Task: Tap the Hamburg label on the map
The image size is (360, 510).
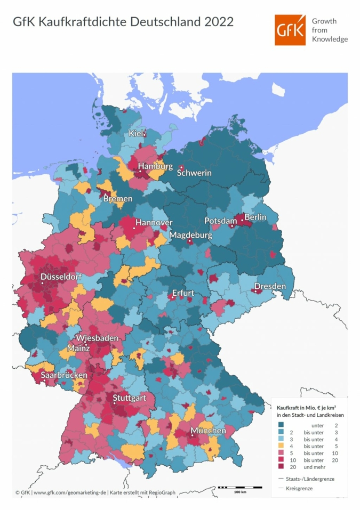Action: point(155,166)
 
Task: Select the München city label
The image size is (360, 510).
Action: point(208,431)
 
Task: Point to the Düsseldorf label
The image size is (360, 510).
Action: point(61,277)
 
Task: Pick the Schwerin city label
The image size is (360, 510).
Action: point(194,173)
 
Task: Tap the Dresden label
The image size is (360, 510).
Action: point(270,287)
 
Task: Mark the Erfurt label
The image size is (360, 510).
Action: point(183,294)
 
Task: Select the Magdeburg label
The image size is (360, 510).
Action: point(190,235)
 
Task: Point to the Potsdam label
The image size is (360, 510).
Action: point(221,221)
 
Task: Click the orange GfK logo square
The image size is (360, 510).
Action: point(290,30)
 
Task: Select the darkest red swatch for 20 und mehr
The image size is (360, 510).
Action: point(281,466)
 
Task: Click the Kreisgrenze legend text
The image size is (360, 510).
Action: point(299,488)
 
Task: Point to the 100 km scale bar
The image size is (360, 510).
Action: point(240,488)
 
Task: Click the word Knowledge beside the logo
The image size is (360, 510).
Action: point(330,39)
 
